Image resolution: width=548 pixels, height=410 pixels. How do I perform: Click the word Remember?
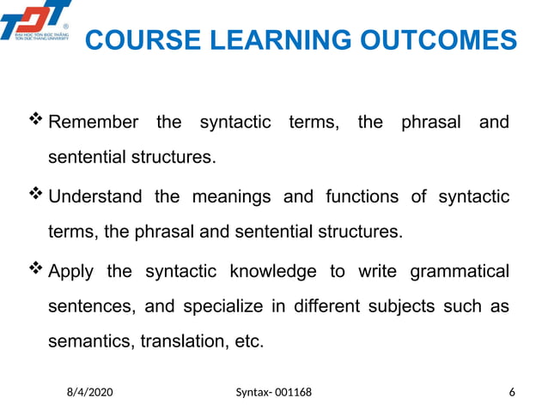coord(93,122)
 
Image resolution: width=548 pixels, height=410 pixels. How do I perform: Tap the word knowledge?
coord(272,272)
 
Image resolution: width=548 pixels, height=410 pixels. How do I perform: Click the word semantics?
coord(88,341)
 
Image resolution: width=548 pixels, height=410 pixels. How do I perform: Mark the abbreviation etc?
coord(249,341)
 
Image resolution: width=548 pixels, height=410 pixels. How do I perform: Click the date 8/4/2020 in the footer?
coord(90,392)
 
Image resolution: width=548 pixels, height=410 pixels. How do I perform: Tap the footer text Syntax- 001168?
coord(274,392)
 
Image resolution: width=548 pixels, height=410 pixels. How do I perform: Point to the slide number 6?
coord(513,392)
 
